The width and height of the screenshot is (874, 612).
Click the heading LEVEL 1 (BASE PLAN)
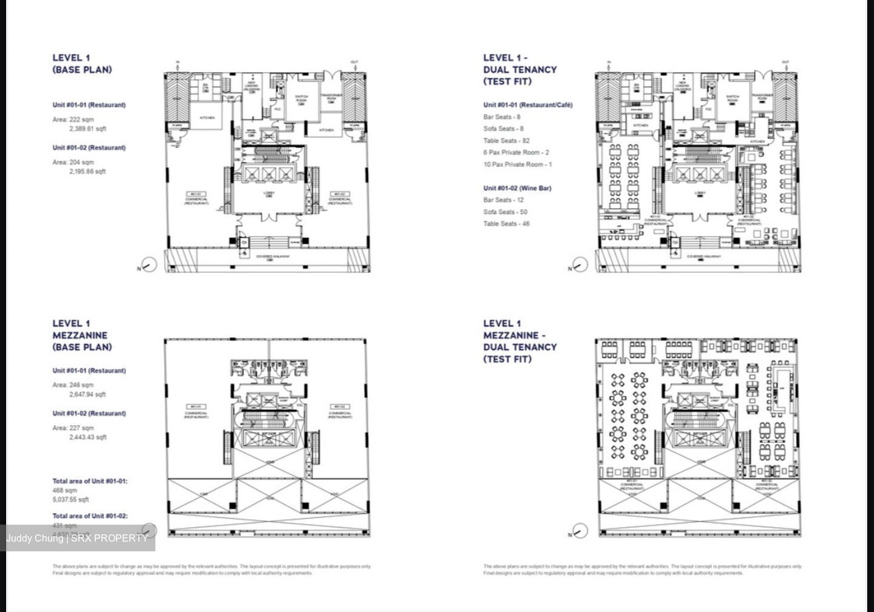82,64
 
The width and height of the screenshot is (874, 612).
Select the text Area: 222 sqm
73,119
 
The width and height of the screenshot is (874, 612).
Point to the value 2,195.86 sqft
87,172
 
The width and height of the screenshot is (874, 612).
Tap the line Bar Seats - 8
501,117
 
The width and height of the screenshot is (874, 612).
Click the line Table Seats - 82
506,141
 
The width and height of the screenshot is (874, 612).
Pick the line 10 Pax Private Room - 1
517,164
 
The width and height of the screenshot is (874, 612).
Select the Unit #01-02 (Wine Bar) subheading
517,188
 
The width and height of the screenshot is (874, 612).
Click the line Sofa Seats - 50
505,212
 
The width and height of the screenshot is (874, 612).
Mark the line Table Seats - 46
506,224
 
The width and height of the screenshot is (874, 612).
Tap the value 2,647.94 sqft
87,394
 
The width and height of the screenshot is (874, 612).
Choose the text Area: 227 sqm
73,428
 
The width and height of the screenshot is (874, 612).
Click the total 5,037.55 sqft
70,500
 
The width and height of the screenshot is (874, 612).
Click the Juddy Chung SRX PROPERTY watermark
77,538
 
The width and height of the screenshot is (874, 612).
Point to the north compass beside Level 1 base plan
148,265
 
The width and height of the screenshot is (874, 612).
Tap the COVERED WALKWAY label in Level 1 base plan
273,257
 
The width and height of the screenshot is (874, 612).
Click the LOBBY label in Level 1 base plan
269,193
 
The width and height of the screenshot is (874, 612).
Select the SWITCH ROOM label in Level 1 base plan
302,98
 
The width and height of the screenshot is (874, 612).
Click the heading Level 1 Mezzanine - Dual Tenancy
520,341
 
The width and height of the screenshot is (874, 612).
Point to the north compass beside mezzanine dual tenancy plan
580,532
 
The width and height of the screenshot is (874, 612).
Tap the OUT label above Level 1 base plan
354,62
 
